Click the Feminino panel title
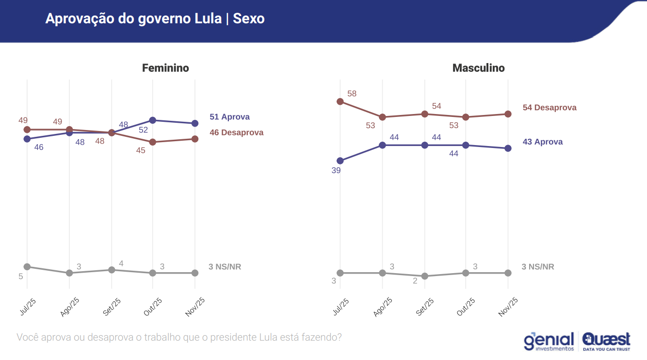coord(165,68)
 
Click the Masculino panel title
coord(478,68)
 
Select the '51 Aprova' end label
coord(229,117)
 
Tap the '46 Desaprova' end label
coord(236,132)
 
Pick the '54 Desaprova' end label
coord(550,108)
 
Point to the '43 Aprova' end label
coord(543,142)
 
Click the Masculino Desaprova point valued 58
coord(340,101)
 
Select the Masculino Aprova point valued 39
coord(340,161)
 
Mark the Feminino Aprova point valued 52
coord(152,120)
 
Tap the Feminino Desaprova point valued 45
coord(152,142)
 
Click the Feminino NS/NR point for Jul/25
coord(27,267)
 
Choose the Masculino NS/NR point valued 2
coord(425,276)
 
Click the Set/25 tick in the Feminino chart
coord(112,307)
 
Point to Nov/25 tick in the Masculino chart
coord(508,307)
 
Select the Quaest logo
coord(607,342)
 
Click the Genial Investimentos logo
coord(549,342)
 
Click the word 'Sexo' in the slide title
coord(249,19)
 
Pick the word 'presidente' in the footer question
coord(235,337)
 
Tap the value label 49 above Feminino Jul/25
coord(23,120)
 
